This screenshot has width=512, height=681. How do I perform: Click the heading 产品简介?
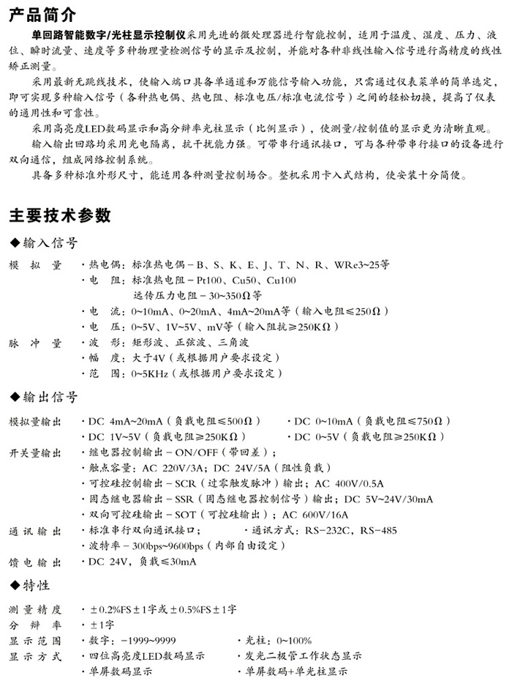click(42, 15)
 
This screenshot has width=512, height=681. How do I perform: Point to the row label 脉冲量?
click(35, 343)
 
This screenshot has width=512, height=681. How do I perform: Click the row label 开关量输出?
click(35, 453)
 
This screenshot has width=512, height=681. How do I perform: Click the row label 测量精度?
click(35, 609)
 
